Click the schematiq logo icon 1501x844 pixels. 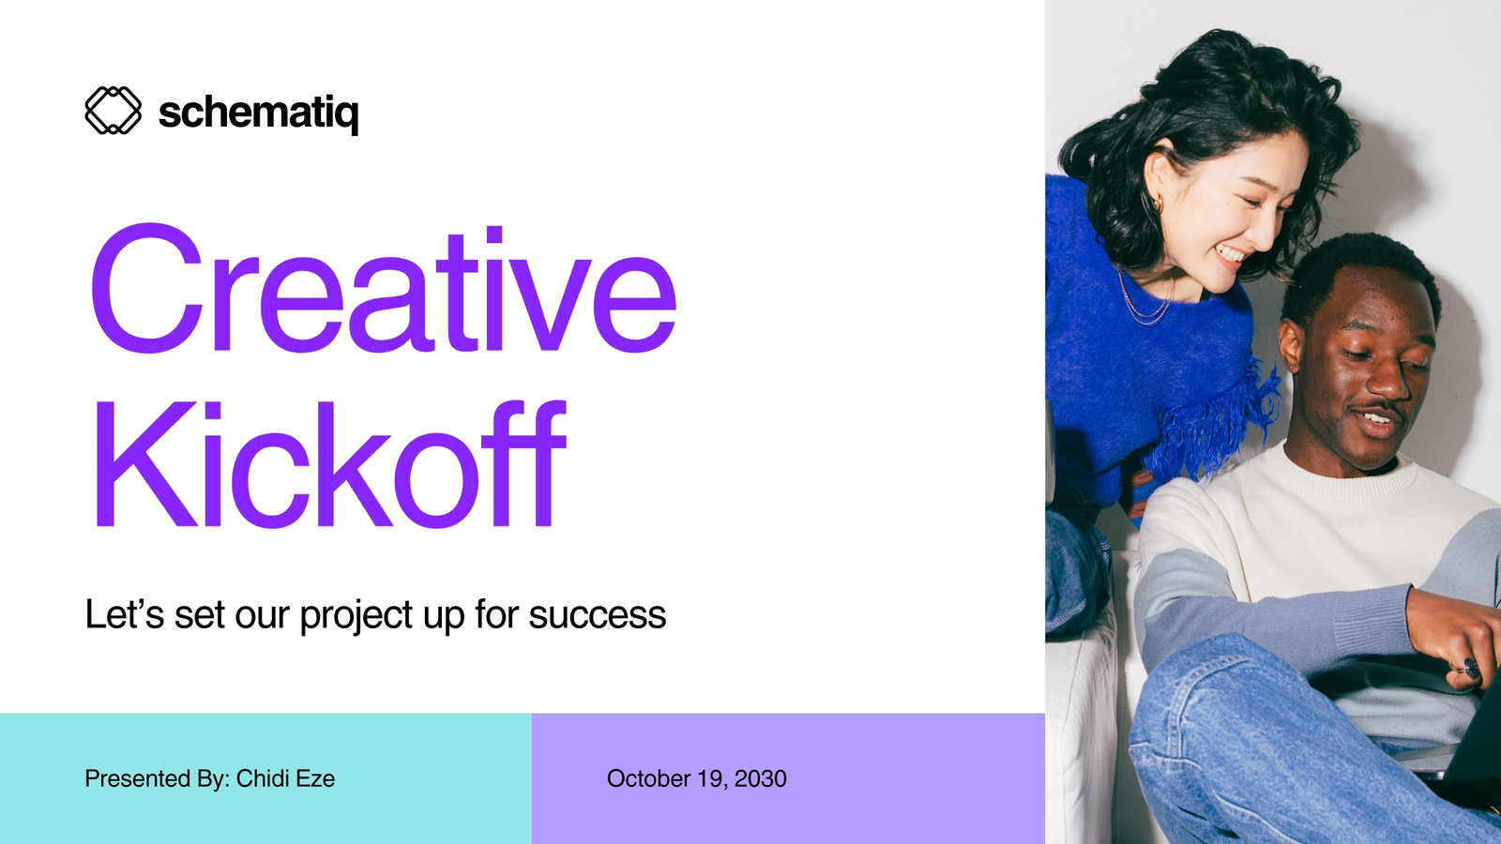pyautogui.click(x=114, y=111)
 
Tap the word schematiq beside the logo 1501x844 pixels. pyautogui.click(x=259, y=113)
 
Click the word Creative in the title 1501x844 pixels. pyautogui.click(x=384, y=289)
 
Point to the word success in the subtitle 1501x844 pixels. pyautogui.click(x=598, y=615)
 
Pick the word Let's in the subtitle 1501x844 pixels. pyautogui.click(x=125, y=613)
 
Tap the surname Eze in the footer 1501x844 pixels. pyautogui.click(x=315, y=778)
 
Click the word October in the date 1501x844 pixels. pyautogui.click(x=648, y=778)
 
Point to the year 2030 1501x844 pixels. pyautogui.click(x=761, y=778)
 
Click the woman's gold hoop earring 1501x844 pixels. pyautogui.click(x=1158, y=203)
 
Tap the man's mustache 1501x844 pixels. pyautogui.click(x=1379, y=407)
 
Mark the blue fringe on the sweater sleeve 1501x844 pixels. pyautogui.click(x=1216, y=421)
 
